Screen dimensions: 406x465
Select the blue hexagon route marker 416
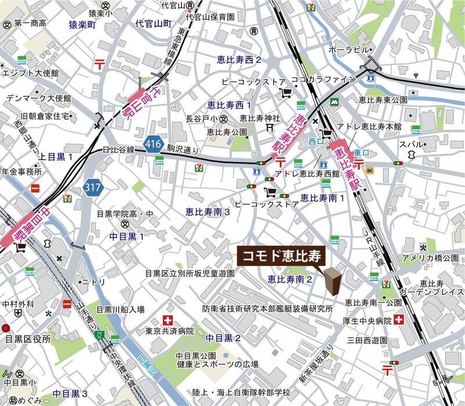[x=153, y=146]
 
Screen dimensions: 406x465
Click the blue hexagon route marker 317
[x=92, y=187]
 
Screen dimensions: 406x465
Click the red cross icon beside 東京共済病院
[x=169, y=319]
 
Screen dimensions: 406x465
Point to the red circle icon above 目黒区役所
[x=6, y=328]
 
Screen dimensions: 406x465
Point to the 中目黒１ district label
[x=126, y=237]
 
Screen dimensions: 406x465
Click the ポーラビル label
[x=349, y=49]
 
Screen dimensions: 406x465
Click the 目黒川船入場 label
[x=120, y=309]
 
